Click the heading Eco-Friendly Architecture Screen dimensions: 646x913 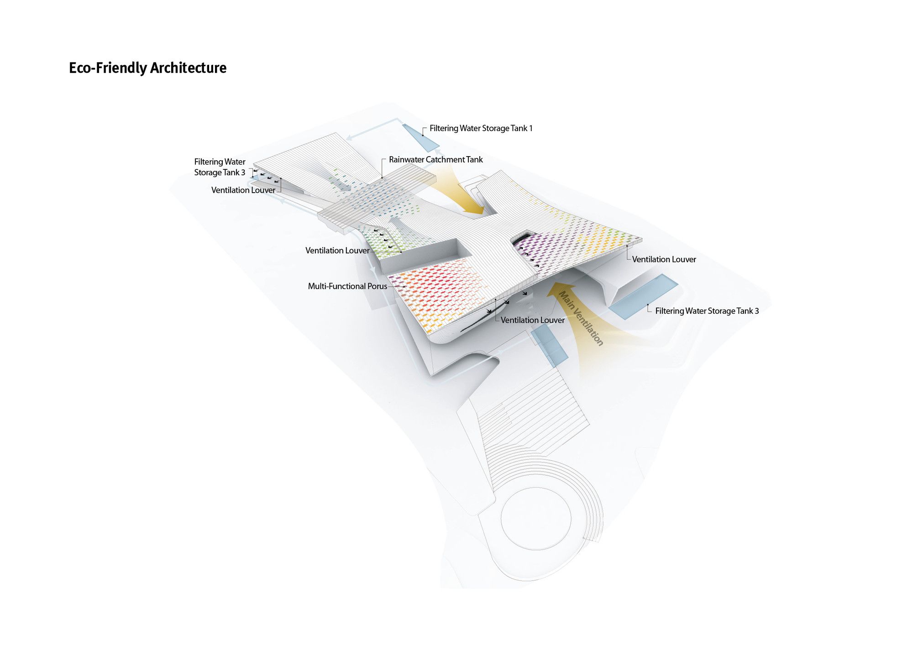tap(147, 68)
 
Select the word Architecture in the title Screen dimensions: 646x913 tap(188, 68)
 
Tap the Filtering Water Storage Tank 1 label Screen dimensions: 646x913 tap(481, 128)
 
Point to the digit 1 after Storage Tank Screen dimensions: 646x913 tap(530, 128)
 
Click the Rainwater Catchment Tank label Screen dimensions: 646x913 tap(436, 159)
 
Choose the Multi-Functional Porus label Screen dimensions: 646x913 tap(347, 286)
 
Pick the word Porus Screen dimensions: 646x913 tap(377, 286)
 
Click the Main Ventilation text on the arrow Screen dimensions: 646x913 tap(581, 318)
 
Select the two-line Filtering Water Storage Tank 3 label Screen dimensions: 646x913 tap(220, 167)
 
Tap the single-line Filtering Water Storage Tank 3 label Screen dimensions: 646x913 tap(707, 311)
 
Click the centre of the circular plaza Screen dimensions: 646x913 tap(536, 518)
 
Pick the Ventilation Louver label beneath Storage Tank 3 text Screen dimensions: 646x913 tap(243, 190)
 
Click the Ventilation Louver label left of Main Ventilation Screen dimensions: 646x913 tap(532, 320)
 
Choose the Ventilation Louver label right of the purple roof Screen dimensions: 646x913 tap(664, 259)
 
